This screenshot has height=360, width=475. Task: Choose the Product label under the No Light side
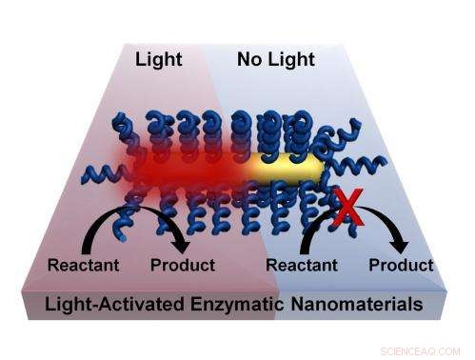pos(399,265)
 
